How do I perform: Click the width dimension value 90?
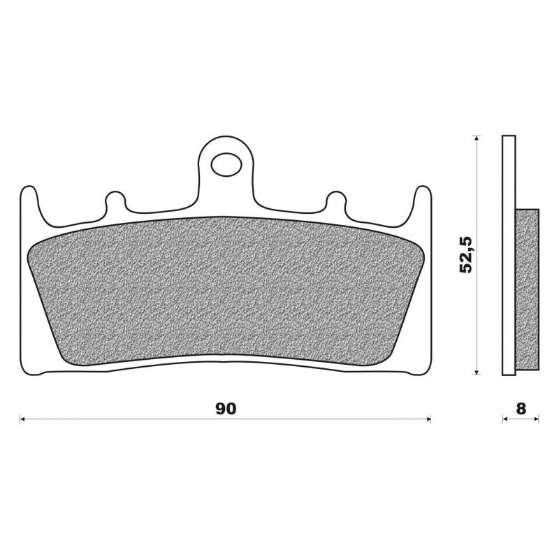[x=225, y=409]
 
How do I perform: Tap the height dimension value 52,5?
[x=466, y=254]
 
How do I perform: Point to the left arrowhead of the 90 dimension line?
[x=23, y=419]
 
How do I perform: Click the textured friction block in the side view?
[x=527, y=289]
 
